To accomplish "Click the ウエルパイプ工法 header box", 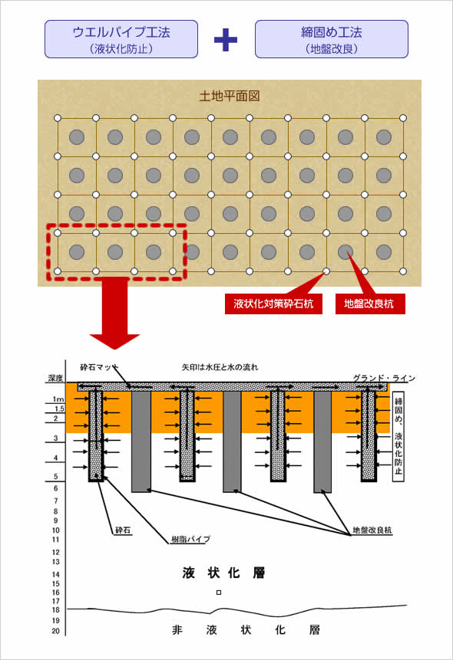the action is click(x=121, y=39).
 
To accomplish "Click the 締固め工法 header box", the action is click(x=332, y=39).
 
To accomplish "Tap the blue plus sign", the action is click(x=226, y=40).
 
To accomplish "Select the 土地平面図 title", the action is click(x=229, y=96).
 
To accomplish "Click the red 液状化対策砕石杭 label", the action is click(x=273, y=304).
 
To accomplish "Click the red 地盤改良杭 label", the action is click(x=370, y=304).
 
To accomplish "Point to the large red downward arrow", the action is click(x=114, y=314).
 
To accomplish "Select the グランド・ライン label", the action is click(x=384, y=378).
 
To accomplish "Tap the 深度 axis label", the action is click(x=55, y=378).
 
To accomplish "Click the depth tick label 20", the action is click(x=56, y=631).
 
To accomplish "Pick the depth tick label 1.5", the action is click(x=59, y=409).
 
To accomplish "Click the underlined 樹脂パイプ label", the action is click(x=190, y=539).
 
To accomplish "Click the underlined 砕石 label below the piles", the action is click(x=123, y=530).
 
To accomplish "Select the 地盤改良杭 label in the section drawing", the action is click(x=372, y=530).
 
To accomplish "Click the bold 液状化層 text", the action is click(x=223, y=573).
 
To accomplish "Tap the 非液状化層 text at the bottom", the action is click(x=246, y=630).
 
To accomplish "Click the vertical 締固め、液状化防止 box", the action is click(x=398, y=437).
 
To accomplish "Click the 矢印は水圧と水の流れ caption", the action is click(x=220, y=367).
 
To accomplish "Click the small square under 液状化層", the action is click(x=219, y=593).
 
